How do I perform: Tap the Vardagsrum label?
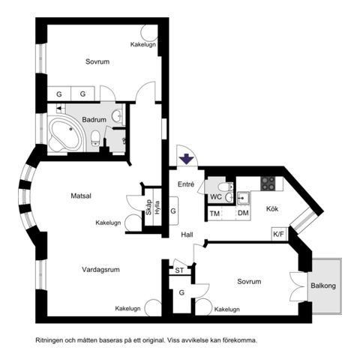point(101,268)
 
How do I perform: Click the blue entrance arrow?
point(186,159)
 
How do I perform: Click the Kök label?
point(273,208)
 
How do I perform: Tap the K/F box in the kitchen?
point(279,235)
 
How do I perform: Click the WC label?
point(216,197)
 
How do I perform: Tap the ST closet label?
point(179,269)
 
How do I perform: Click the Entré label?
point(186,184)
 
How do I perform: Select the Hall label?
point(187,235)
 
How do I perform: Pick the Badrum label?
point(94,120)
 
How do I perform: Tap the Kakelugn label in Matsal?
point(109,223)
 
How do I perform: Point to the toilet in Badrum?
point(95,137)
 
